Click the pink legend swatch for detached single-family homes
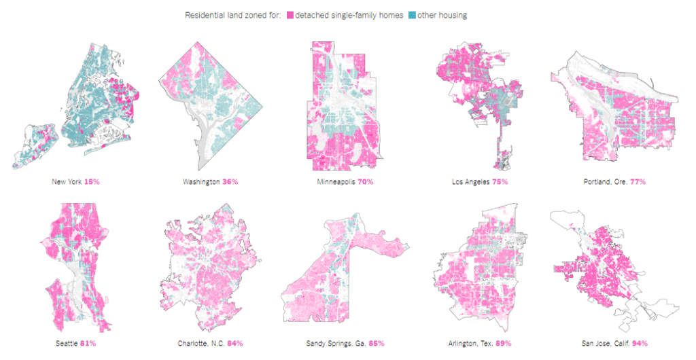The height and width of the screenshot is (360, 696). click(290, 15)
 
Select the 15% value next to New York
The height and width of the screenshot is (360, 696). click(92, 182)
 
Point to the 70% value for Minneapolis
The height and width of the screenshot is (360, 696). click(364, 182)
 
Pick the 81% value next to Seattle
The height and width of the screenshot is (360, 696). click(88, 343)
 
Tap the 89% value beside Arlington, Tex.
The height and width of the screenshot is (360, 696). click(503, 343)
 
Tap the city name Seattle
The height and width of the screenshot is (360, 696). click(67, 343)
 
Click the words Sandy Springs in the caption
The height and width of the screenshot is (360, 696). click(328, 343)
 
